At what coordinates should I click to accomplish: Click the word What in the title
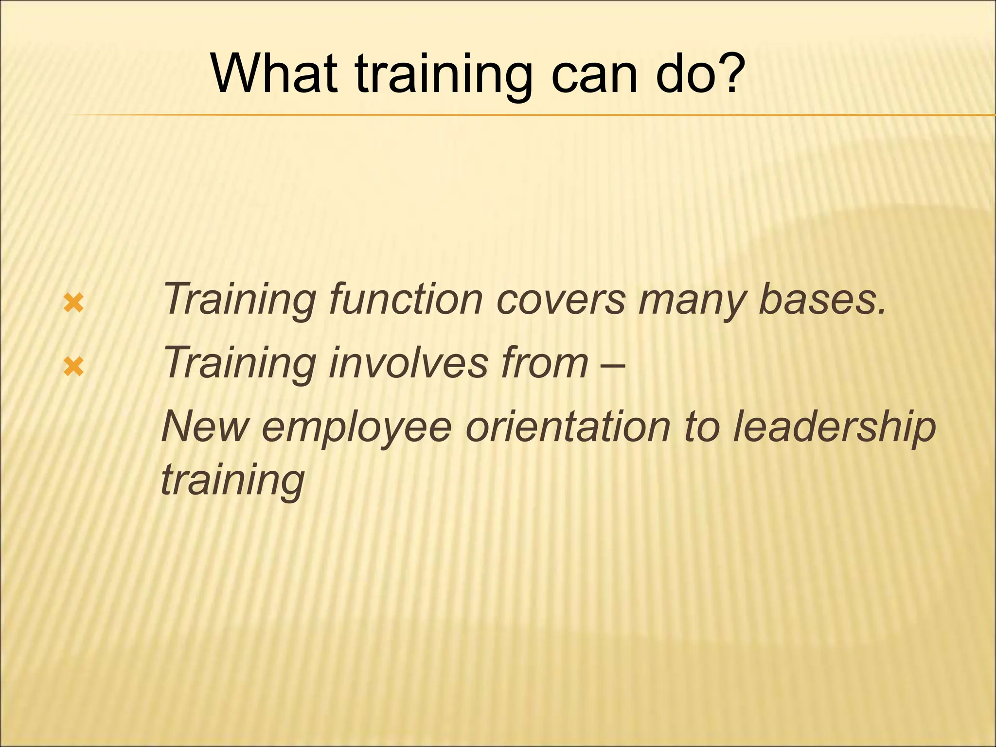pyautogui.click(x=275, y=74)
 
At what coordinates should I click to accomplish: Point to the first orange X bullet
pyautogui.click(x=73, y=304)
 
